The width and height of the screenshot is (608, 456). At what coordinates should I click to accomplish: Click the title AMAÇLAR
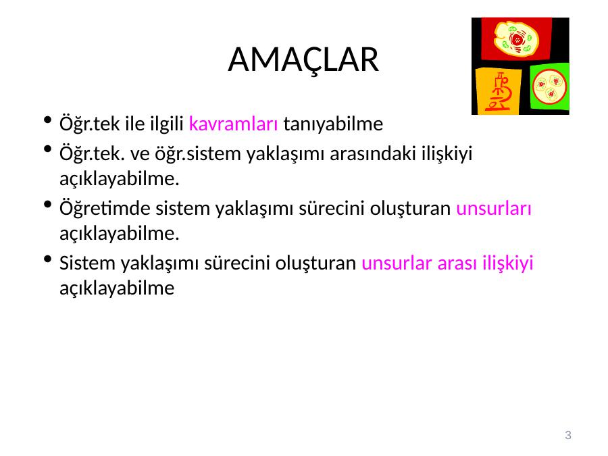pos(303,60)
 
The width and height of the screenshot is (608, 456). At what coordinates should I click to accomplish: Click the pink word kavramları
pos(233,124)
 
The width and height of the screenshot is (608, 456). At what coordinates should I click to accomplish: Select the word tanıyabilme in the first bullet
pos(333,124)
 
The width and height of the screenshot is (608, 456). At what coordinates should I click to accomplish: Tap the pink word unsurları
pos(493,208)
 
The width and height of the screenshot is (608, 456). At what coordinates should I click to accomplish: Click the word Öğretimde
pos(105,207)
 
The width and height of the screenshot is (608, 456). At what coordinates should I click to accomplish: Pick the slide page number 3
pos(568,435)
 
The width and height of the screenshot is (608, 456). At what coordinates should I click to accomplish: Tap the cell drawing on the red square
pos(515,39)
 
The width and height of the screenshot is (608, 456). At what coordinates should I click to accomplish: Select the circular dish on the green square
pos(549,87)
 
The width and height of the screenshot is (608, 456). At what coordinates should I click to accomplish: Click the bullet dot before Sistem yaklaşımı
pos(48,259)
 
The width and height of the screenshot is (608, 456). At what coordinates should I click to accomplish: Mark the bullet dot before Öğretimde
pos(48,204)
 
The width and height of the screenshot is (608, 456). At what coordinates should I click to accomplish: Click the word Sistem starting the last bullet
pos(87,263)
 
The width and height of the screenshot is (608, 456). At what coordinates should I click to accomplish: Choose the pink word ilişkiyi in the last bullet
pos(507,263)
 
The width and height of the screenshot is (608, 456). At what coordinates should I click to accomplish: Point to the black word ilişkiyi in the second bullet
pos(447,154)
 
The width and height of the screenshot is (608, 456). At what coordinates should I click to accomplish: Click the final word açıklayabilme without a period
pos(117,288)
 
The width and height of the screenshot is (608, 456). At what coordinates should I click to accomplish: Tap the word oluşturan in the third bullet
pos(410,208)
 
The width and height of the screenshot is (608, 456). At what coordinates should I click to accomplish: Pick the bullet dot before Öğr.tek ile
pos(48,120)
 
